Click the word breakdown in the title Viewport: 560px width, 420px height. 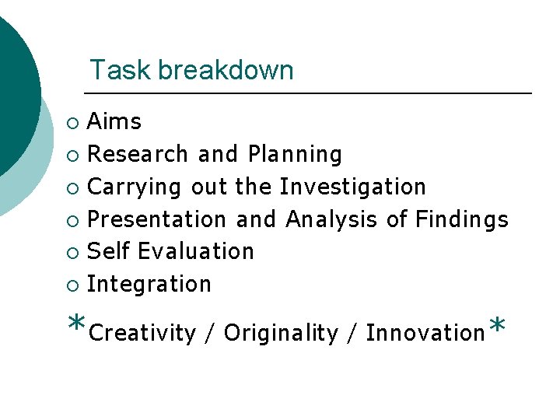pyautogui.click(x=226, y=71)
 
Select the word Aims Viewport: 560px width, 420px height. pyautogui.click(x=114, y=121)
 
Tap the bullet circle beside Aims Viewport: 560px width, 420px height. pyautogui.click(x=72, y=123)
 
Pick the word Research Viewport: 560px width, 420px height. pyautogui.click(x=138, y=154)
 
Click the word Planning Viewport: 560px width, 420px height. pyautogui.click(x=295, y=155)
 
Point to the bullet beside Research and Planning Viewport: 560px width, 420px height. pyautogui.click(x=72, y=156)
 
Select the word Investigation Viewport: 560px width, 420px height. pyautogui.click(x=352, y=187)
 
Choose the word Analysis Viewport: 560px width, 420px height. pyautogui.click(x=333, y=220)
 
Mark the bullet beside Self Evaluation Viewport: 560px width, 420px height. pyautogui.click(x=72, y=253)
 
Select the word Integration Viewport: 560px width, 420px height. pyautogui.click(x=149, y=285)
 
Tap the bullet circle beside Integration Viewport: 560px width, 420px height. pyautogui.click(x=72, y=285)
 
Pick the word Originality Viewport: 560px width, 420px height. pyautogui.click(x=281, y=334)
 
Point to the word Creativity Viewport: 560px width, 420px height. pyautogui.click(x=142, y=334)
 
